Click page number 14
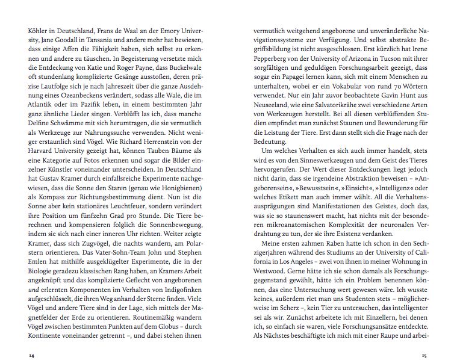pos(32,356)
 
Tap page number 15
pos(424,356)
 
